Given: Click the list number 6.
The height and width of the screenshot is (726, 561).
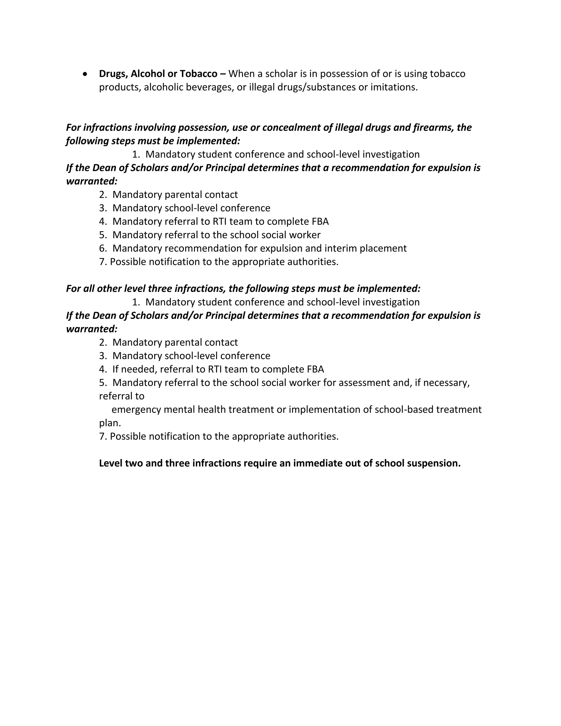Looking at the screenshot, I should pos(103,248).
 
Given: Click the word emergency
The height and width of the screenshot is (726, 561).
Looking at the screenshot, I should pos(136,410).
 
